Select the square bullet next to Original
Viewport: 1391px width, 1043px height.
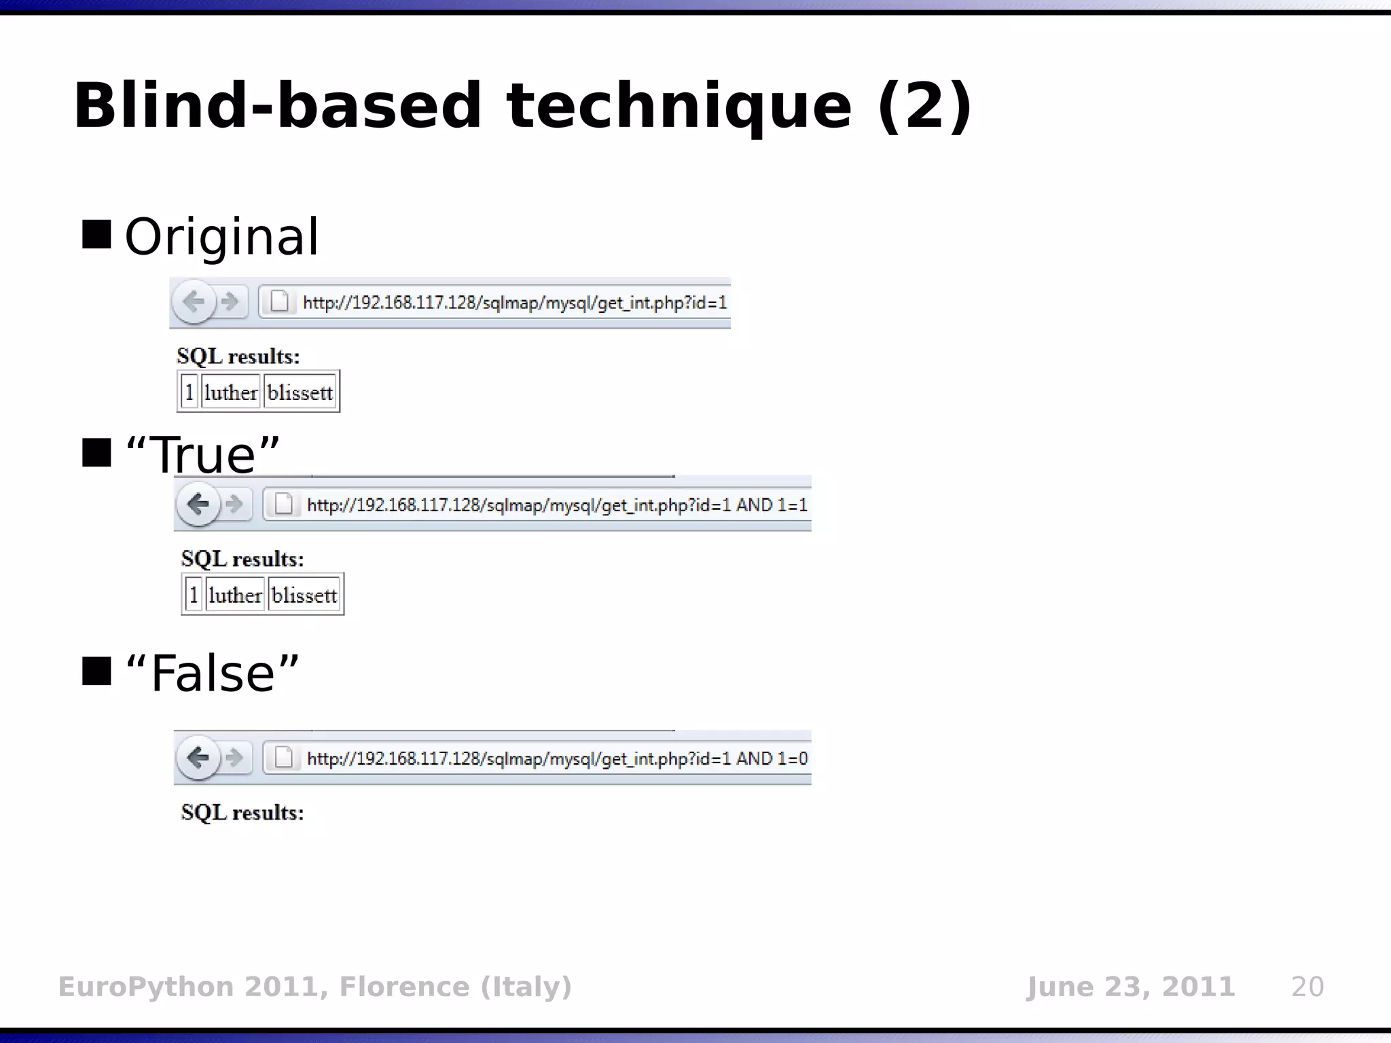(96, 234)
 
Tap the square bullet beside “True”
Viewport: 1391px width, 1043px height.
(96, 453)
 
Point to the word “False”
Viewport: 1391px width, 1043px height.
(212, 673)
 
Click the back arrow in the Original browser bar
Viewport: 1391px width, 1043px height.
(194, 301)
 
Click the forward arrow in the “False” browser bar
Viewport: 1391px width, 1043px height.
(234, 757)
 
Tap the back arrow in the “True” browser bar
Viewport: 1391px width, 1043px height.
(198, 504)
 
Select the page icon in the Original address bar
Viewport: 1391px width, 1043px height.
(280, 301)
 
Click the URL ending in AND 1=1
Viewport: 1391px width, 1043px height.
(557, 505)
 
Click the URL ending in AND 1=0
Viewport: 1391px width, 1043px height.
(557, 758)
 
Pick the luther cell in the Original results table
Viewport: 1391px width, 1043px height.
(230, 392)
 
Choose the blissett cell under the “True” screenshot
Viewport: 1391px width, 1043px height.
(304, 596)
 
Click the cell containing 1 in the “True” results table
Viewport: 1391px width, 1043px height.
(194, 596)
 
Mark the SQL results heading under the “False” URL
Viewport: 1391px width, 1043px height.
(242, 813)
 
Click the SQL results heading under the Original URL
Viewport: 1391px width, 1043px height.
(238, 356)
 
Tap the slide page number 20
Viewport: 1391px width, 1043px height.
(1307, 987)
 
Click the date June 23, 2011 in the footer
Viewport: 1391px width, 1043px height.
(1130, 987)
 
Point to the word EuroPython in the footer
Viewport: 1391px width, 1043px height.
(146, 987)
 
